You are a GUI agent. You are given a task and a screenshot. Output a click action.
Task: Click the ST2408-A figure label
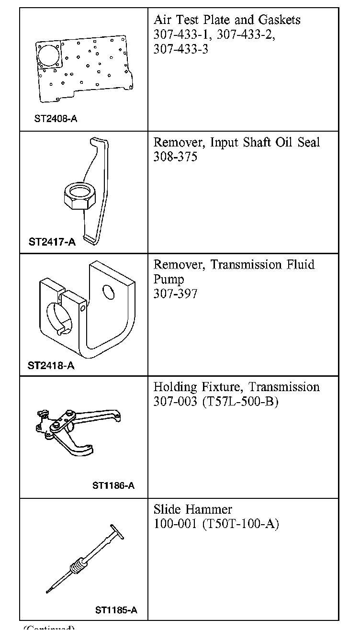[56, 118]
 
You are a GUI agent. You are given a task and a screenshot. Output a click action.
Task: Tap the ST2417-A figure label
[52, 242]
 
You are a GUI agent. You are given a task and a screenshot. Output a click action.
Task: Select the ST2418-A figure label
[51, 366]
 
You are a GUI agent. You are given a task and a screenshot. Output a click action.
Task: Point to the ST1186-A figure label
[113, 485]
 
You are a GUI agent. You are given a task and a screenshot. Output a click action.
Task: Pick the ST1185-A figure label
[116, 610]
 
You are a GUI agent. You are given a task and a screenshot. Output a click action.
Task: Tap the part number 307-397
[175, 293]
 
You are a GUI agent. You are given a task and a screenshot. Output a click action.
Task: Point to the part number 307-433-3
[180, 49]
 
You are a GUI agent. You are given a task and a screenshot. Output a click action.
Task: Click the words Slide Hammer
[192, 509]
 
